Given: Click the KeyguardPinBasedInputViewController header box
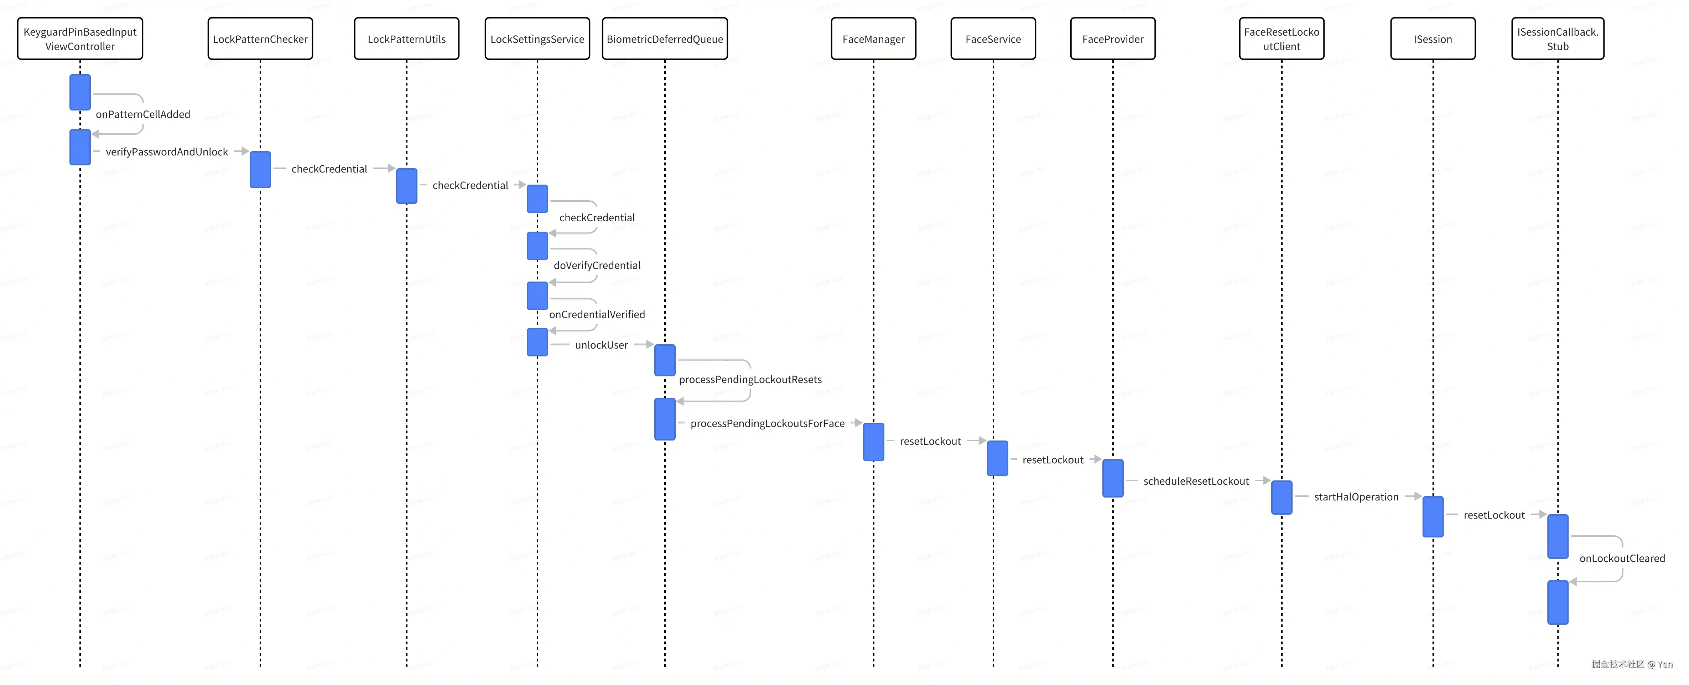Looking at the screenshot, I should click(80, 39).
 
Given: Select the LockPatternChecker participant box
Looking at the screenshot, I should click(260, 39).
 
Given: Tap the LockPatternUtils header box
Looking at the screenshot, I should click(406, 39).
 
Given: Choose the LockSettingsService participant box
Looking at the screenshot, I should click(537, 39).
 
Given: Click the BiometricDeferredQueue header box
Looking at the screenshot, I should click(665, 39).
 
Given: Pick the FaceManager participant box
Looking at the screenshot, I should click(873, 39).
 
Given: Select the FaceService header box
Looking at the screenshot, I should click(993, 39).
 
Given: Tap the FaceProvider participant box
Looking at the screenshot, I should click(1113, 39).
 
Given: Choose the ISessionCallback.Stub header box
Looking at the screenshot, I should click(1558, 39).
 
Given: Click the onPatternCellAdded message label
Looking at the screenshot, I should click(143, 114).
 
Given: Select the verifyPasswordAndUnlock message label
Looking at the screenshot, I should click(167, 151).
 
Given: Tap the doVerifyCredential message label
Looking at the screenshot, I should click(597, 265).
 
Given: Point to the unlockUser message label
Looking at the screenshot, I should click(601, 345).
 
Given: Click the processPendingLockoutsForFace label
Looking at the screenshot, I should click(767, 423).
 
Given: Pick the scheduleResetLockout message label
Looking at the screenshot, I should click(1196, 481).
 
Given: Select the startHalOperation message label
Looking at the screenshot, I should click(1356, 497).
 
